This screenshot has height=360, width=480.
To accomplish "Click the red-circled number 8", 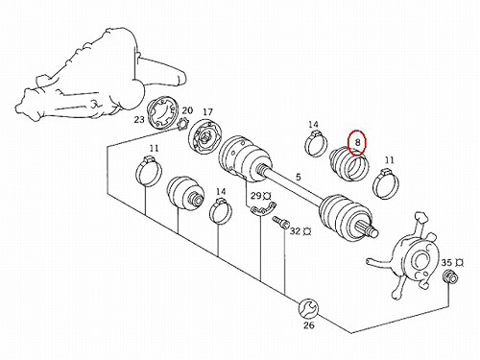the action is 357,143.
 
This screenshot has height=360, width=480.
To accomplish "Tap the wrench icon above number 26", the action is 308,308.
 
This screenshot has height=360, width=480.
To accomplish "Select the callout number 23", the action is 139,120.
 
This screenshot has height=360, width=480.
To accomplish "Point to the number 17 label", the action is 207,112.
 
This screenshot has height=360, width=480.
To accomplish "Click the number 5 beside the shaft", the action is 299,177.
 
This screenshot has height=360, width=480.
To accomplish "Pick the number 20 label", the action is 187,110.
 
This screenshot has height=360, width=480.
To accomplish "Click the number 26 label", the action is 309,325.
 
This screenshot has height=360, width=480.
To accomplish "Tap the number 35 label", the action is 446,263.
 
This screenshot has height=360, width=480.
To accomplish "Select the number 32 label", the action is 296,231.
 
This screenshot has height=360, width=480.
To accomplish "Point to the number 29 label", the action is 256,196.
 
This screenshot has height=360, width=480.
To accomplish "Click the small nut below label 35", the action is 449,276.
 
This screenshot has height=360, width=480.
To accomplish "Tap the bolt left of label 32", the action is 278,222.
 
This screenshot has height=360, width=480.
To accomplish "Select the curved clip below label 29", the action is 263,209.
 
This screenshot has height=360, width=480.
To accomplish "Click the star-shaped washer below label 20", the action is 183,126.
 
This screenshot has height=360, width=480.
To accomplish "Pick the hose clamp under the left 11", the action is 149,171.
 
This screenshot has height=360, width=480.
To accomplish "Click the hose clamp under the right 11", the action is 386,184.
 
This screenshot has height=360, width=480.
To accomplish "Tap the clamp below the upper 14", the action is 317,143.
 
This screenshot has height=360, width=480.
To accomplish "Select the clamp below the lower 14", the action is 221,211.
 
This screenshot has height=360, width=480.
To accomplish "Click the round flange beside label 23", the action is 162,114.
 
